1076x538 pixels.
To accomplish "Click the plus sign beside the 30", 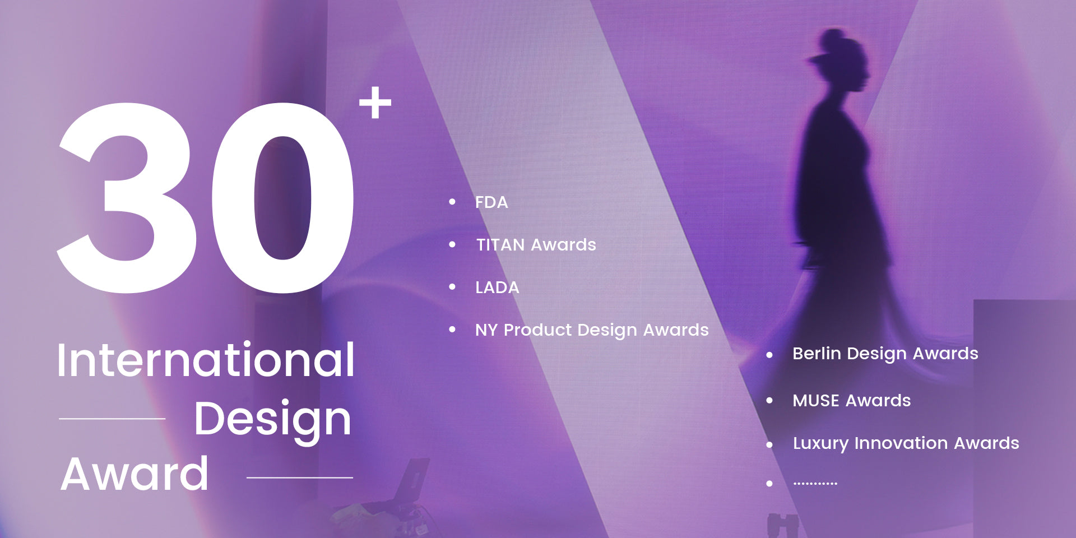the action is coord(375,103).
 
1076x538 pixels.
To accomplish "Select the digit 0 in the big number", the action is coord(283,198).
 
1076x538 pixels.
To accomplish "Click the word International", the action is coord(206,360).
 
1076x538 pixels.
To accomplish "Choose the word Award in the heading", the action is coord(134,474).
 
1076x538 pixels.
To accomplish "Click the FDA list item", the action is coord(491,202).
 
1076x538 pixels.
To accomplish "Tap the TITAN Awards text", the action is coord(536,245).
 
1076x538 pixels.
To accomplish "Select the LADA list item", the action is coord(497,287).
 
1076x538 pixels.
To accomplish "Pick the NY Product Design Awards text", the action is coord(592,331).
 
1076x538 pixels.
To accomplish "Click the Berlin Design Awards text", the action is coord(885,354).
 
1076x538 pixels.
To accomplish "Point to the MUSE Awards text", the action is coord(851,401).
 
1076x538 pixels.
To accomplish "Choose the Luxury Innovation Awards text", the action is coord(906,444).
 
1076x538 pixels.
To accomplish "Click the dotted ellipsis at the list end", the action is coord(815,483).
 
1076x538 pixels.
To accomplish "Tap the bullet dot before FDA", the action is coord(452,202).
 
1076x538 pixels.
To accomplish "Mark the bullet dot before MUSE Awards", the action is coord(769,400).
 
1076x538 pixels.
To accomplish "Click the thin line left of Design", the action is coord(112,419).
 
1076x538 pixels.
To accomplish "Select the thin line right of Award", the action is coord(300,477).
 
